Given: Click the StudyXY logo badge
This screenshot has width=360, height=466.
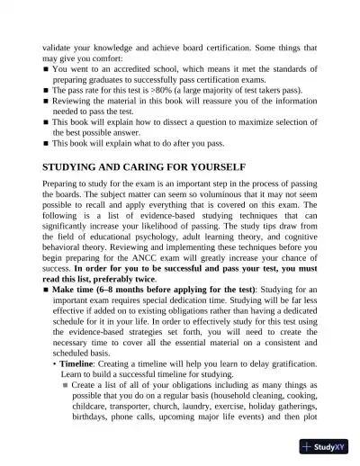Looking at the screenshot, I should (324, 447).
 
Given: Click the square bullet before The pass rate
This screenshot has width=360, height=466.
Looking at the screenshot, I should (45, 91).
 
